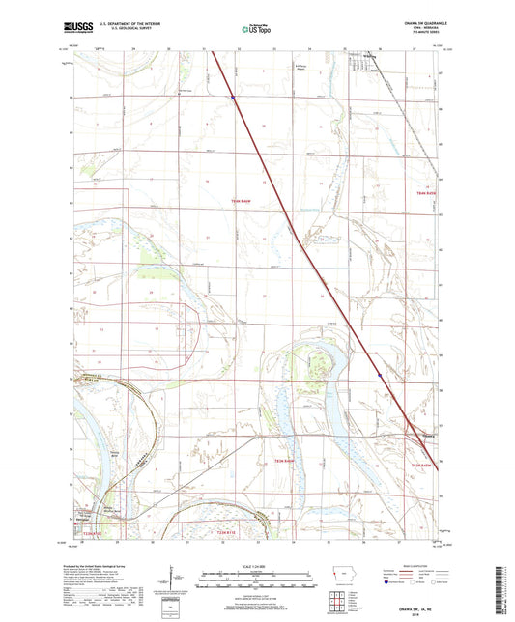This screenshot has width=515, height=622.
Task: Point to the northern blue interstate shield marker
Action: point(233,97)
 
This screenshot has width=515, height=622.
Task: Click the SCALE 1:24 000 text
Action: point(257,565)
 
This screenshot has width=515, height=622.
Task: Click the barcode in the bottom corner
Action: point(506,590)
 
